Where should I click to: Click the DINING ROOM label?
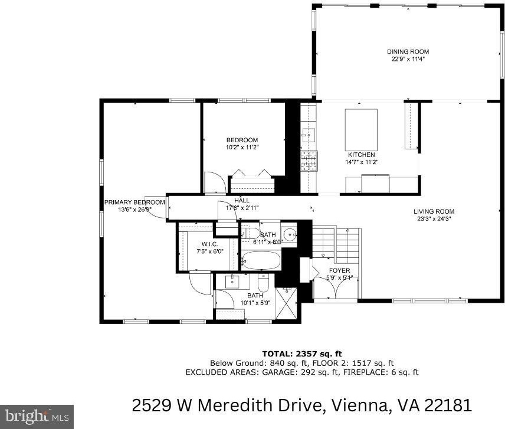pos(408,51)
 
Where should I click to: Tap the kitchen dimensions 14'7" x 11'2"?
pos(362,162)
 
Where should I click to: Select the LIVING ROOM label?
pos(434,212)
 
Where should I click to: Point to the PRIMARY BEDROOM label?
pos(135,202)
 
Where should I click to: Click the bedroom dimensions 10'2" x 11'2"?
pos(242,148)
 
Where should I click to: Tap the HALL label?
pos(242,201)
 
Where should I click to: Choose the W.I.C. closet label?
pos(210,244)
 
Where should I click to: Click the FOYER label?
pos(339,270)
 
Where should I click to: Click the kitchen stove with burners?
pos(309,161)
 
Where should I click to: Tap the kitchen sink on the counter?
pos(308,135)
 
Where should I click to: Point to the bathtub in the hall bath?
pos(261,261)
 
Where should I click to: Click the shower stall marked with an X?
pos(286,303)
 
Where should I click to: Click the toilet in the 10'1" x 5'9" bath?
pos(263,283)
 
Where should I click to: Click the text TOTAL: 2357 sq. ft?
pos(302,354)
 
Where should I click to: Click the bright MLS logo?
pos(37,417)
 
